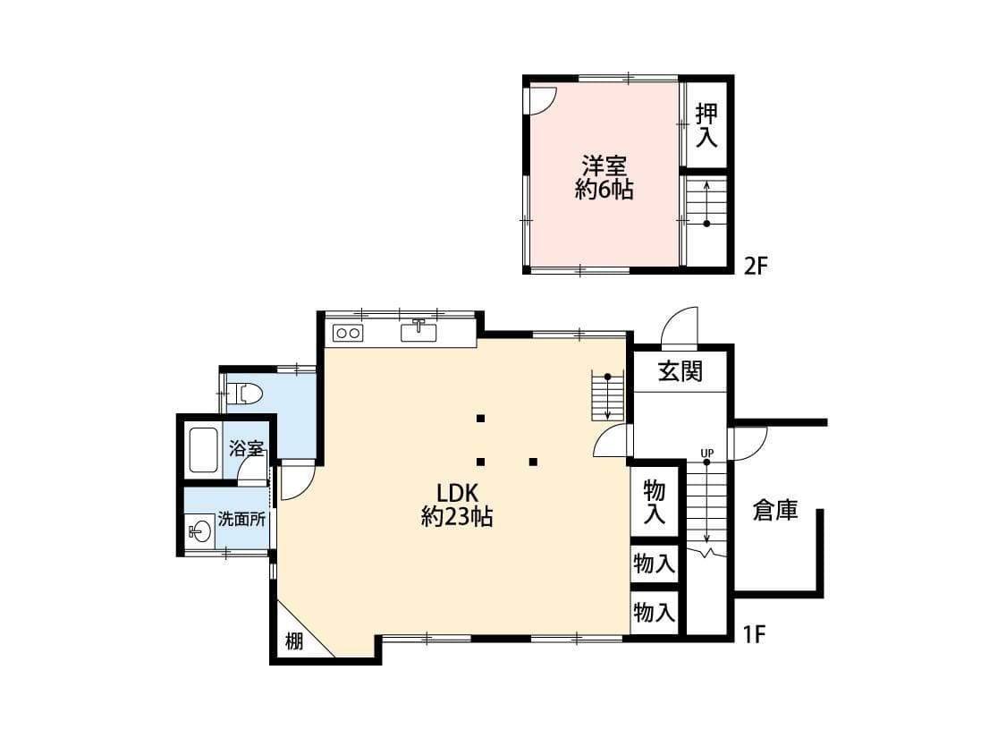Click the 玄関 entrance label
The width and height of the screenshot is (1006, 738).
(x=681, y=371)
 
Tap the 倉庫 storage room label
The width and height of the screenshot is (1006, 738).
(x=774, y=511)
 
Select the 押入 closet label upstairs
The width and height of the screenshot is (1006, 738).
(x=706, y=125)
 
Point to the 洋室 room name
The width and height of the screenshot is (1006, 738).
(x=604, y=166)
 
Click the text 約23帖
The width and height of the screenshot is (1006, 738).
(x=457, y=517)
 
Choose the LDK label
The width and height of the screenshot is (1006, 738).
(x=459, y=493)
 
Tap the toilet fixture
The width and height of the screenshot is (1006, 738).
(x=245, y=393)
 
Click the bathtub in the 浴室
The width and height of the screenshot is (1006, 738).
(x=203, y=450)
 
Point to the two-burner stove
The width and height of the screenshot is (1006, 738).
(x=347, y=334)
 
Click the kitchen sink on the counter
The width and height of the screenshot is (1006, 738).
(x=418, y=332)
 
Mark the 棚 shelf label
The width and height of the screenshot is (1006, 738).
(x=294, y=640)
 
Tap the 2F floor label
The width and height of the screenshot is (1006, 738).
(x=757, y=266)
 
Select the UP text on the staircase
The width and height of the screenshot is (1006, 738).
(x=706, y=453)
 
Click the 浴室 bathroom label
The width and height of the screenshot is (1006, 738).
(x=246, y=448)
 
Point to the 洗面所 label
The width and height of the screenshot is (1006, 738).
(x=242, y=519)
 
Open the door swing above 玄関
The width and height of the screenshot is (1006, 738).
(x=681, y=327)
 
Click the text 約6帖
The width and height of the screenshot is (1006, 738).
(x=604, y=190)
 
